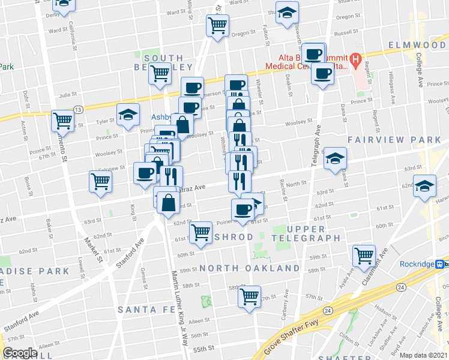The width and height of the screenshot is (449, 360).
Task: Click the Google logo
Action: (x=20, y=353)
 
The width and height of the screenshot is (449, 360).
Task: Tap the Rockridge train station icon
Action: (x=440, y=264)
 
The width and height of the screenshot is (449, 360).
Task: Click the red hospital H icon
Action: (x=355, y=59)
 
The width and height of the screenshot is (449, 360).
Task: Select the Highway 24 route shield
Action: (x=327, y=310)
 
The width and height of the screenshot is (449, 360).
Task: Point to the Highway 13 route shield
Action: (x=78, y=109)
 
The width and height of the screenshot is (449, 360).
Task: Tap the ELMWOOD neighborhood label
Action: (x=417, y=45)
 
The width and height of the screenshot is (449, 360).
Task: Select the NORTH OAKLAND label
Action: (x=250, y=268)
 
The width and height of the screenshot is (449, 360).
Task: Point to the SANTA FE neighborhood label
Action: (x=146, y=309)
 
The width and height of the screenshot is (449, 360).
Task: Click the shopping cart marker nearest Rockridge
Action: (x=364, y=255)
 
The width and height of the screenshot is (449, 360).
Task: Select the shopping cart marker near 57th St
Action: (x=249, y=295)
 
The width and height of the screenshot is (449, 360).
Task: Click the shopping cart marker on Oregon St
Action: (x=217, y=25)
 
